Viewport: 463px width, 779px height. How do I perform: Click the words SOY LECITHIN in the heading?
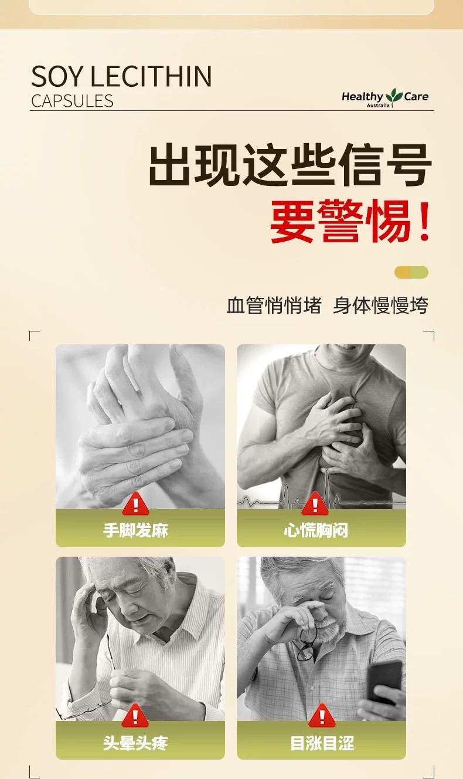pos(121,76)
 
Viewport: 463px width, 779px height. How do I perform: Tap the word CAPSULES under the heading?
pos(72,101)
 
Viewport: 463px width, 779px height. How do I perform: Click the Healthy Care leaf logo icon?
pos(394,97)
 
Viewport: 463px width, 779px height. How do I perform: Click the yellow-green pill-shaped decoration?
pos(411,272)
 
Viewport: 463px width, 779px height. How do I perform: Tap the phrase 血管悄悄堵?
pos(274,306)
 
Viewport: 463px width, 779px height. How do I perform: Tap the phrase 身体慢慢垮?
pos(381,306)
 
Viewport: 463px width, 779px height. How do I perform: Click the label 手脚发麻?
pos(135,530)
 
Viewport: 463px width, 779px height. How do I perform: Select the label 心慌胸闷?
pos(316,530)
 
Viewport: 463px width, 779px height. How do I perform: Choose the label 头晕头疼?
pos(135,743)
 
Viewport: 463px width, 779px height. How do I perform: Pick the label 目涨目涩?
pos(322,743)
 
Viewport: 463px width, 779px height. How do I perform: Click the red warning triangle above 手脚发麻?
pos(135,503)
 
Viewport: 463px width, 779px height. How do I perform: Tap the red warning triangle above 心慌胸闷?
pos(315,503)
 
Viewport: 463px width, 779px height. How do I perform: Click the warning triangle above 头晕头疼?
pos(135,716)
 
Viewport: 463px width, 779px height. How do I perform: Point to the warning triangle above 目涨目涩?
pos(322,716)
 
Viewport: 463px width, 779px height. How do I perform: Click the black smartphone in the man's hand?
pos(384,682)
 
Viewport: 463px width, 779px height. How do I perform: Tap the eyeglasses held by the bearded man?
pos(307,643)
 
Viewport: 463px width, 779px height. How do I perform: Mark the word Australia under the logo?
pos(378,106)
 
